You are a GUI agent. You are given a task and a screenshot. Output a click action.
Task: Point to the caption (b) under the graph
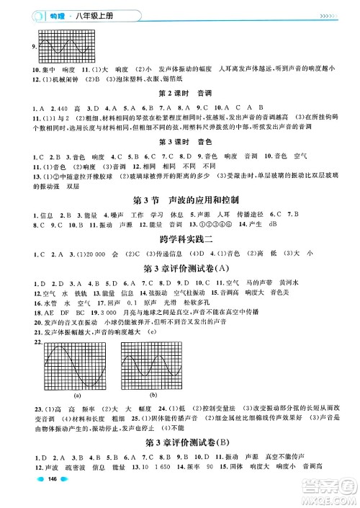[x=152, y=396]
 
